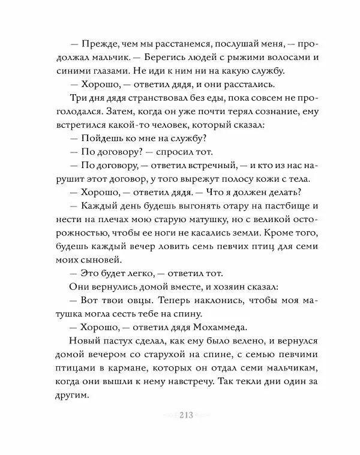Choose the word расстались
(x=265, y=83)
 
